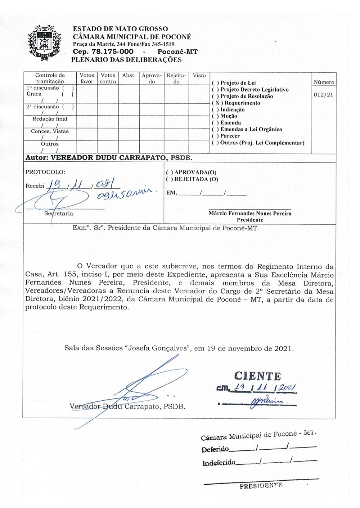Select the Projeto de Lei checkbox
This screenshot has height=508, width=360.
[215, 83]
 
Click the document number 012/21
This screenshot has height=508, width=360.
[323, 95]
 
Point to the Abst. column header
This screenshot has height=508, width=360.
[129, 76]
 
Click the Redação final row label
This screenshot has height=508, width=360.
[50, 119]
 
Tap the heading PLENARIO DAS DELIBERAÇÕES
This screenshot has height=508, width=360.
[126, 60]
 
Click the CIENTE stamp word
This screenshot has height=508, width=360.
[257, 376]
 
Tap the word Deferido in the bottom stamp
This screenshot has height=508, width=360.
[215, 449]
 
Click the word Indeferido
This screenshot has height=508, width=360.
[219, 463]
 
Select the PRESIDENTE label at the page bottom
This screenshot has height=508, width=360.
[261, 486]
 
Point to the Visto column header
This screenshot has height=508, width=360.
[199, 76]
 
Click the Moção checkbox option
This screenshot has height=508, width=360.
[215, 116]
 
